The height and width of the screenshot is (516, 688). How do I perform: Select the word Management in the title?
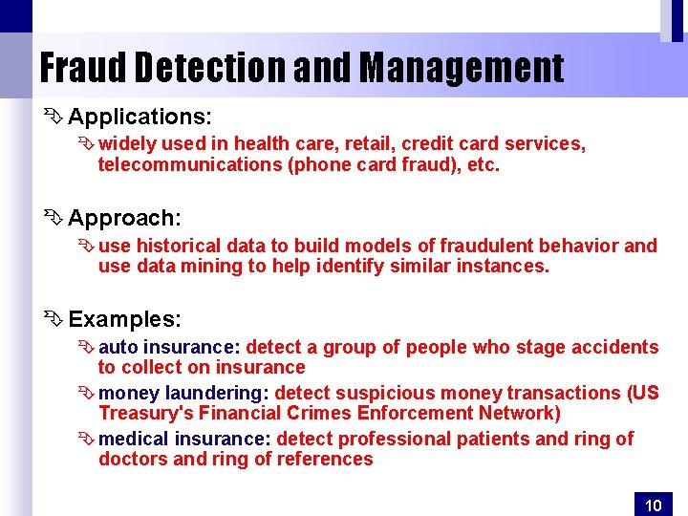click(462, 68)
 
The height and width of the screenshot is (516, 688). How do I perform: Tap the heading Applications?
click(140, 118)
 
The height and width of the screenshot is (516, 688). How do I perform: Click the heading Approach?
click(124, 218)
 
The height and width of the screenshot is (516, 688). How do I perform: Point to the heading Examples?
click(124, 318)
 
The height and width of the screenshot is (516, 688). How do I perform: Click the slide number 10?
click(654, 505)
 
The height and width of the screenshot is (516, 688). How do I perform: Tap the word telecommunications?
click(177, 164)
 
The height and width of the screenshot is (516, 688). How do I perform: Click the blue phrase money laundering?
click(185, 393)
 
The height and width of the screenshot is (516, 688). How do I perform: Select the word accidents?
click(617, 347)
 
